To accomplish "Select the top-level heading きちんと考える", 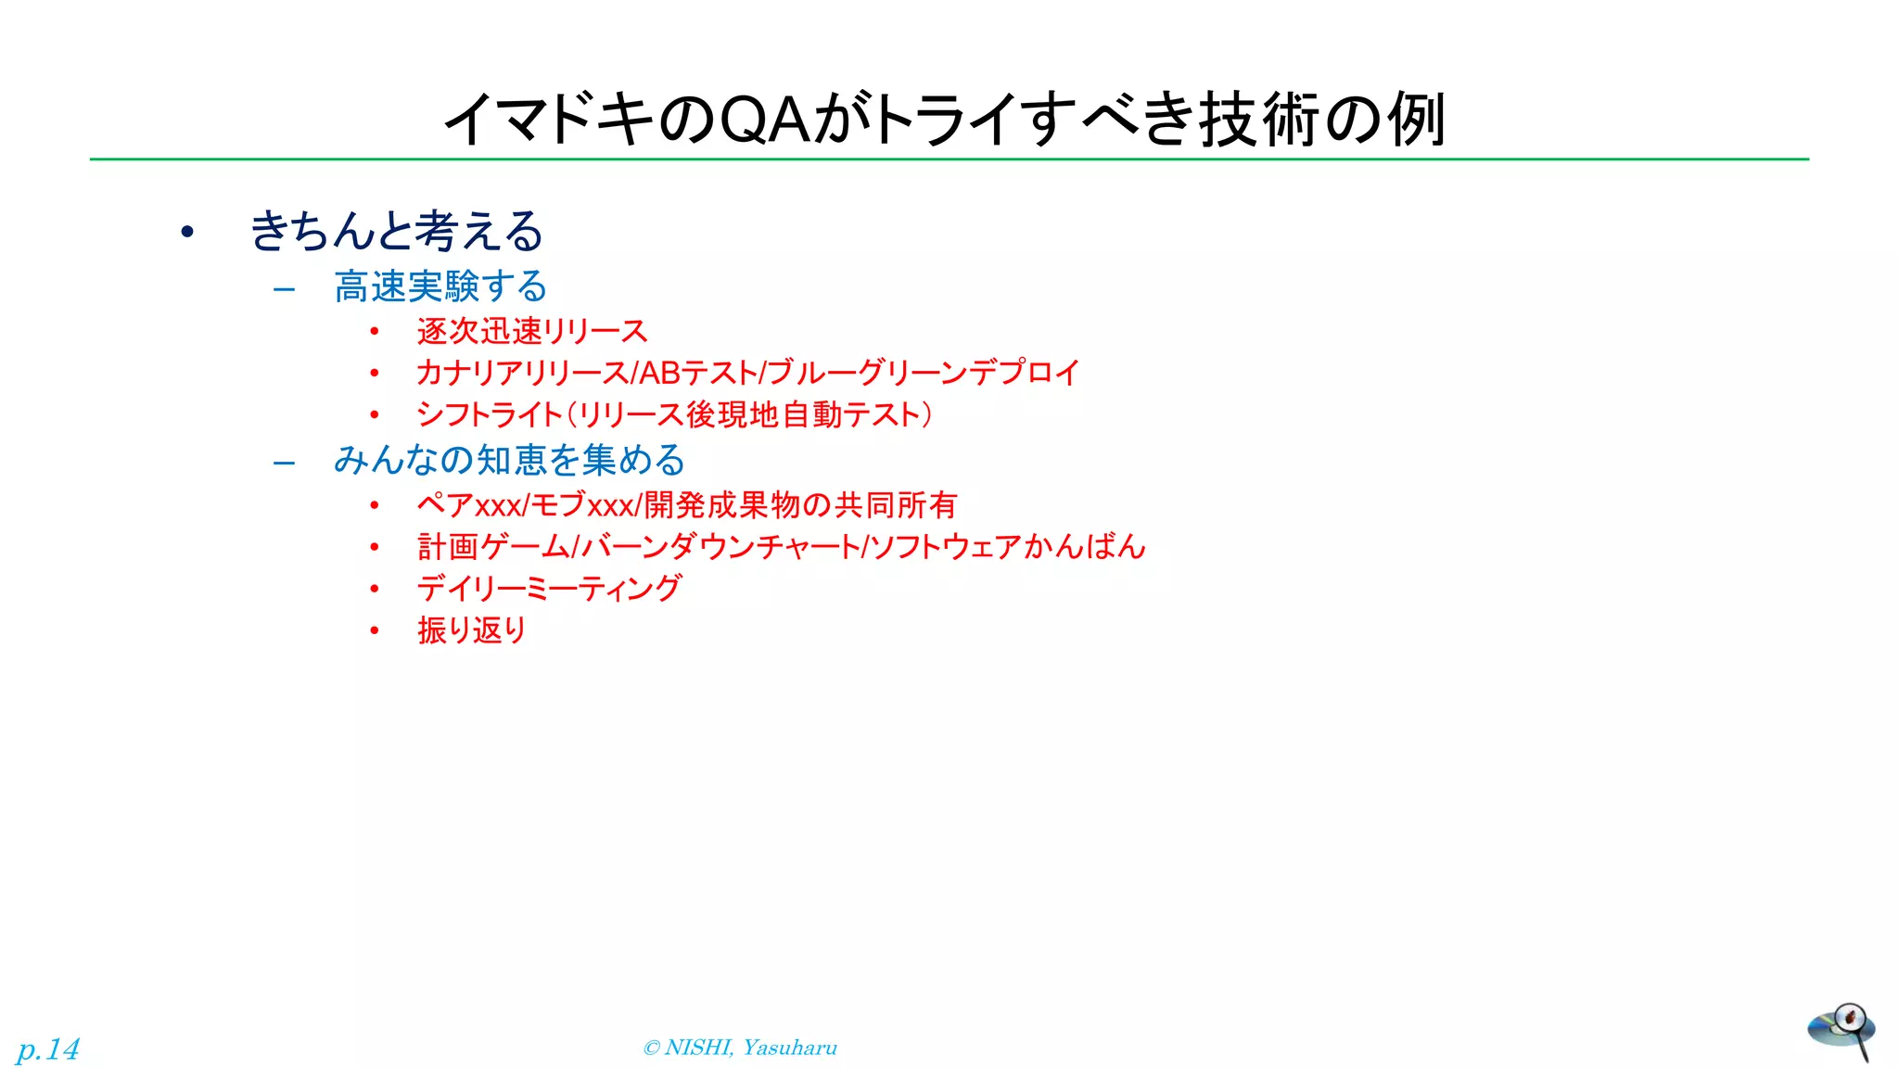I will [x=396, y=231].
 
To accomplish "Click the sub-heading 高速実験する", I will [x=440, y=286].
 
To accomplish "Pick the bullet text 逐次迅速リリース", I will [x=532, y=331].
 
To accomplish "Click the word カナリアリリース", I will [x=522, y=373].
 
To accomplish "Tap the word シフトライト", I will [x=490, y=414].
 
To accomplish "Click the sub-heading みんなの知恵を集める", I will [x=509, y=460].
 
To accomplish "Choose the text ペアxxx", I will [x=469, y=505].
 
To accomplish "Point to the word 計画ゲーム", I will [x=492, y=547].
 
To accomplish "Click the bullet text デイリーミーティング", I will [x=549, y=589].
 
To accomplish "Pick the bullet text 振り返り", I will [x=471, y=630].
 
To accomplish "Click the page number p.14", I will [x=48, y=1049].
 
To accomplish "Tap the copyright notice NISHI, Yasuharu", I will [x=740, y=1048].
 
